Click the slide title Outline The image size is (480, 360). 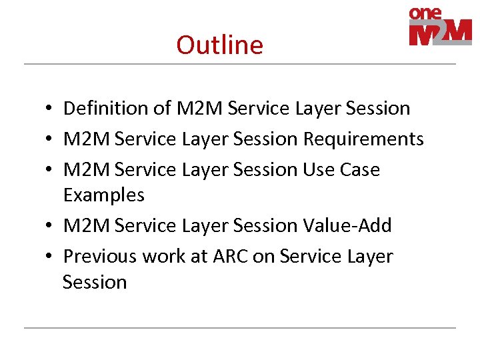[219, 45]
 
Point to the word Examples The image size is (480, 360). [103, 195]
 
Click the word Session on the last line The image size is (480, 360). [95, 282]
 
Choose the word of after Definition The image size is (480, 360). [160, 108]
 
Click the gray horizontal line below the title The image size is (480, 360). [240, 64]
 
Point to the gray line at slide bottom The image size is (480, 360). [240, 327]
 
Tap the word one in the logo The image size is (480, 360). [425, 13]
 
